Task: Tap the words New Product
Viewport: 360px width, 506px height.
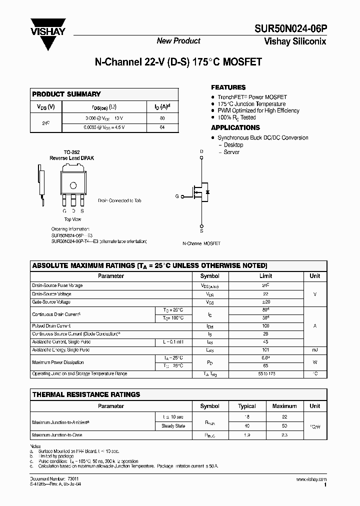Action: pos(178,41)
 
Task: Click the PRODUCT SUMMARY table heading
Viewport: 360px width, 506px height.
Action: pos(66,94)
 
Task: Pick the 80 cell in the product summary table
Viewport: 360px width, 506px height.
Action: pos(162,118)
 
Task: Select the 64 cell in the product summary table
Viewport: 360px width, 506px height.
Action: pos(162,127)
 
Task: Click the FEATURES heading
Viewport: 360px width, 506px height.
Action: pos(228,87)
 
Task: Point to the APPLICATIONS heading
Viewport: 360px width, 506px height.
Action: pos(235,127)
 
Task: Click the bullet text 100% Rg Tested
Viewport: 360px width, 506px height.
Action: pos(236,117)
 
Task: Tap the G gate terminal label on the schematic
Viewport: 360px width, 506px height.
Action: pos(177,196)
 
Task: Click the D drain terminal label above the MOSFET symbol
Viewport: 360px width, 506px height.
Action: pos(202,151)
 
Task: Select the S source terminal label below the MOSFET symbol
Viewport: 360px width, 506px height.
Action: pos(202,230)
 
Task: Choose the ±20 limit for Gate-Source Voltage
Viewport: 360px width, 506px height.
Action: pos(266,302)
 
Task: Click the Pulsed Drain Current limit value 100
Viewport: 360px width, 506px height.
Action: pos(266,326)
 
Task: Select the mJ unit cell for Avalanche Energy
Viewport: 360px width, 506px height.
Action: pos(314,350)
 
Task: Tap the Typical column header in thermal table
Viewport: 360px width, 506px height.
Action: pos(246,406)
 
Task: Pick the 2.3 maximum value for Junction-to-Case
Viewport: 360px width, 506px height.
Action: pos(284,435)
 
